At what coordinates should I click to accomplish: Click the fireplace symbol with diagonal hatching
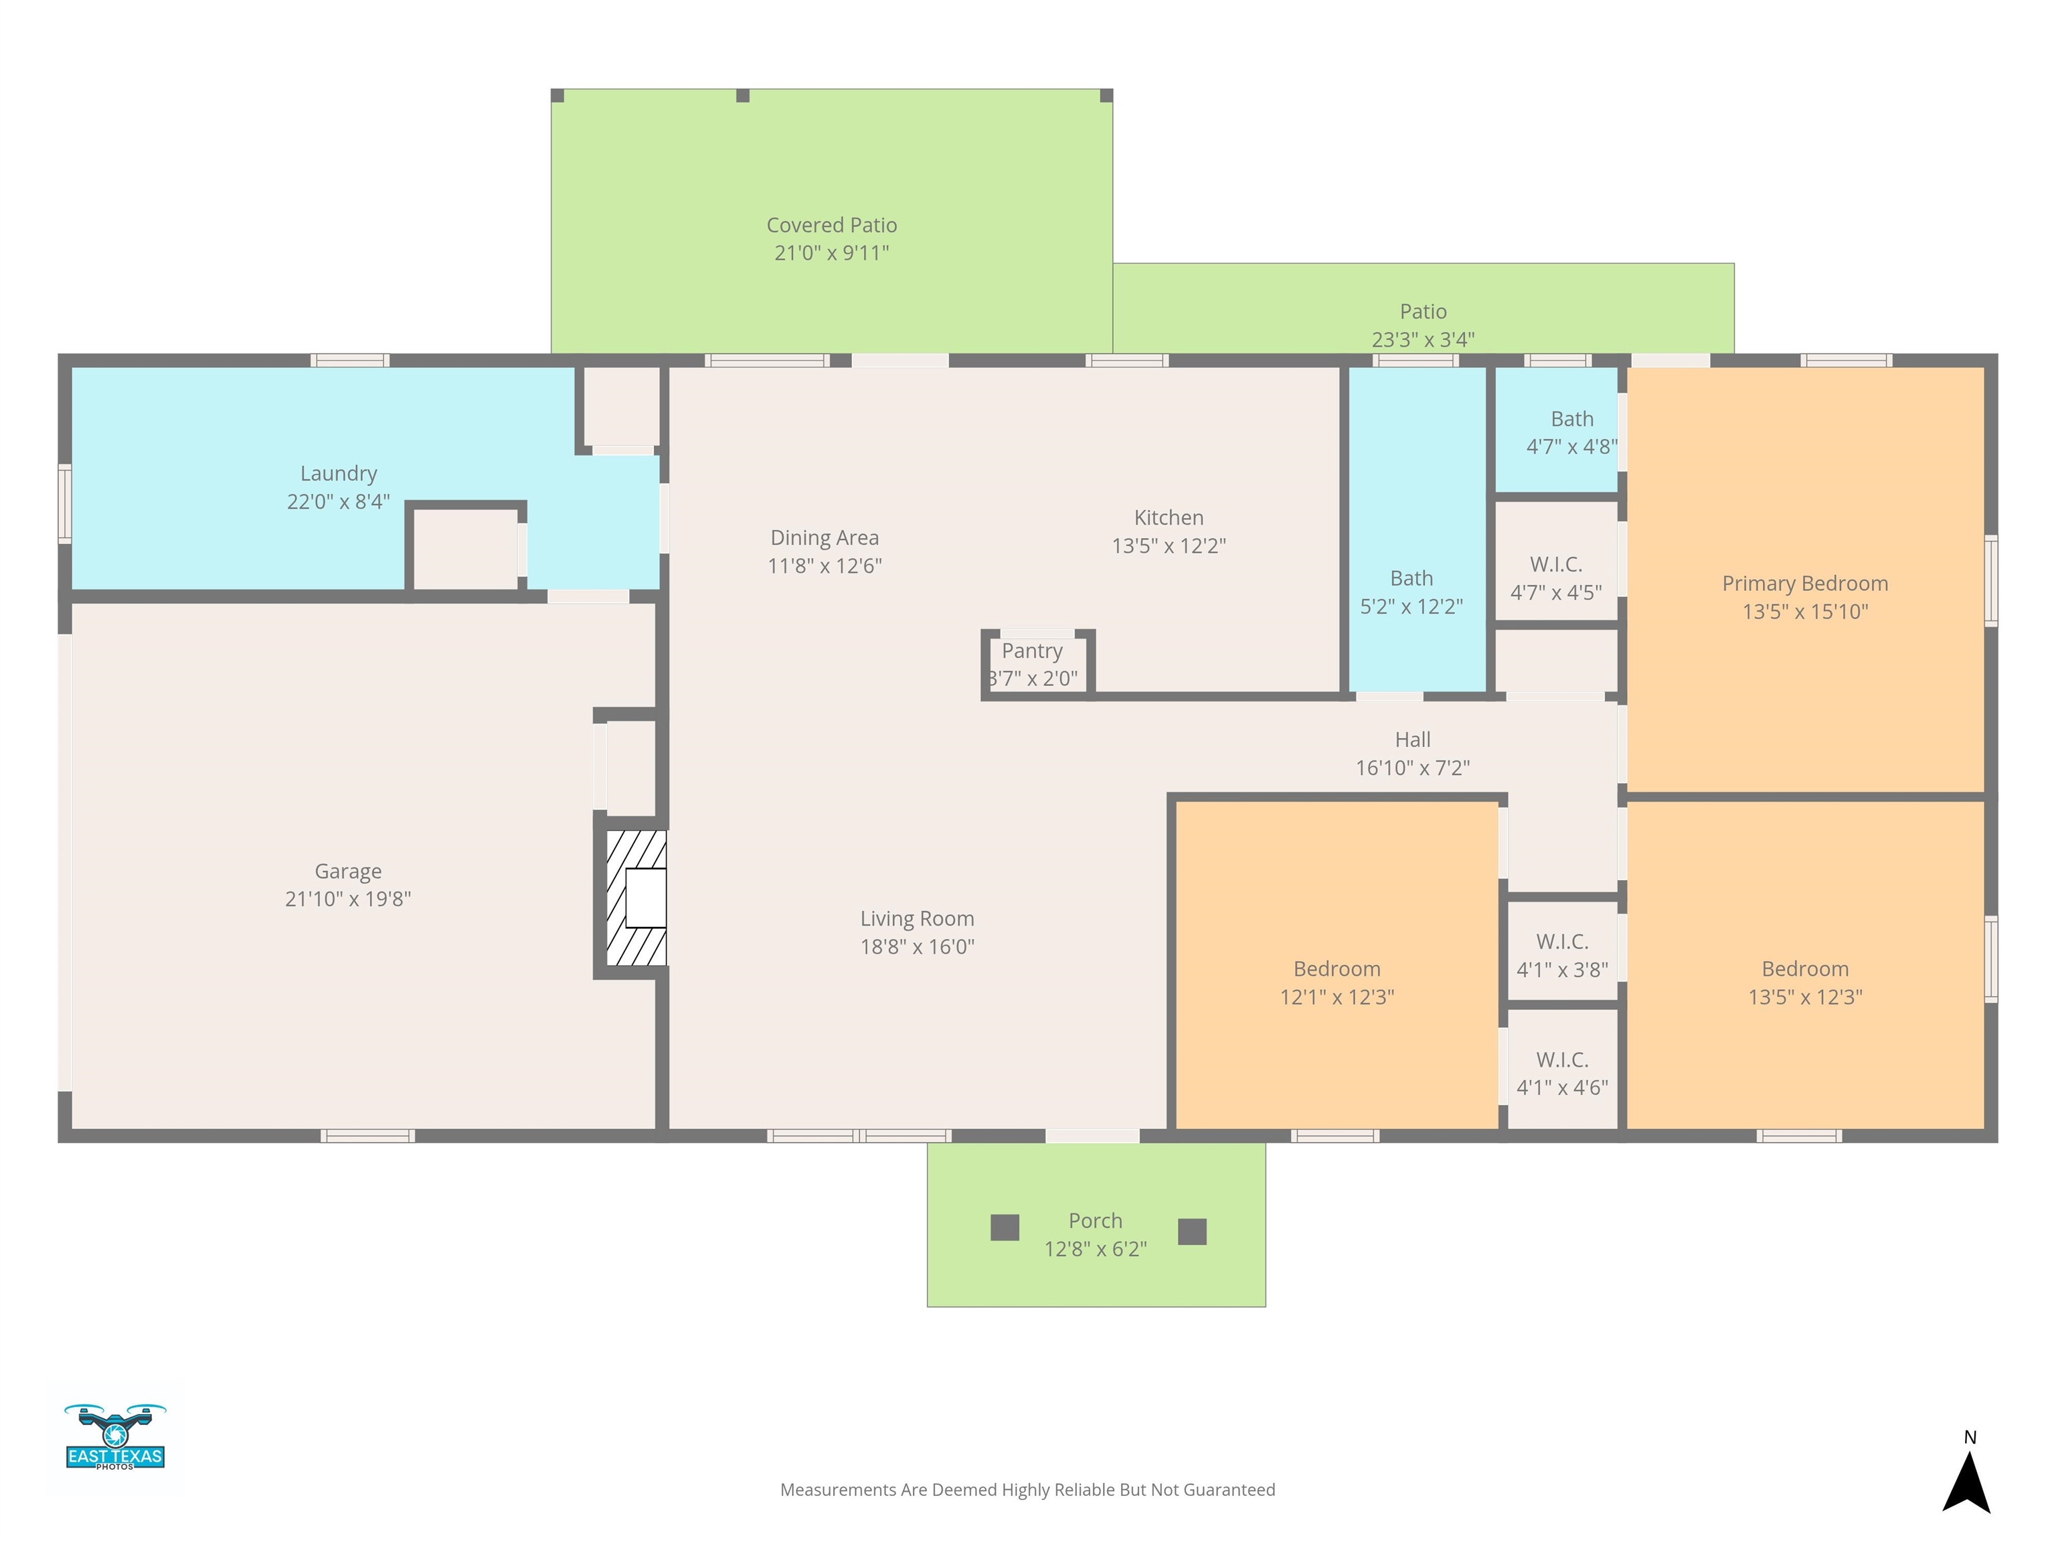point(636,897)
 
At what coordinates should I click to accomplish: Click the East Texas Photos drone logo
point(115,1436)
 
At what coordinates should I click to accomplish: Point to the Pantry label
point(1032,651)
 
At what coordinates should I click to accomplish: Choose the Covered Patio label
point(832,225)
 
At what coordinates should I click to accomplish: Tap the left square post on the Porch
point(1005,1228)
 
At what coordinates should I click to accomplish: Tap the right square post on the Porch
point(1193,1231)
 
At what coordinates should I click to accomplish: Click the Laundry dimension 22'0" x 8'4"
point(339,501)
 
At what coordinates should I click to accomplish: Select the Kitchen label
point(1169,518)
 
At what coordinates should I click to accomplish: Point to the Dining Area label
point(825,537)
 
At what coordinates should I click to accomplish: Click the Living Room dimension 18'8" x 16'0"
point(918,946)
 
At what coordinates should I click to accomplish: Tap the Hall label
point(1413,740)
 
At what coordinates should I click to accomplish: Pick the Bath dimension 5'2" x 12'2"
point(1411,606)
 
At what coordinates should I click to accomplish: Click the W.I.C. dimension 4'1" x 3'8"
point(1563,970)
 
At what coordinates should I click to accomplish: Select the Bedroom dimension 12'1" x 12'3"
point(1337,997)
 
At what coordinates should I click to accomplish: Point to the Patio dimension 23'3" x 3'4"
point(1423,339)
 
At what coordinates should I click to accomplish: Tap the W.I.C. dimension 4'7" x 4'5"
point(1556,592)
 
